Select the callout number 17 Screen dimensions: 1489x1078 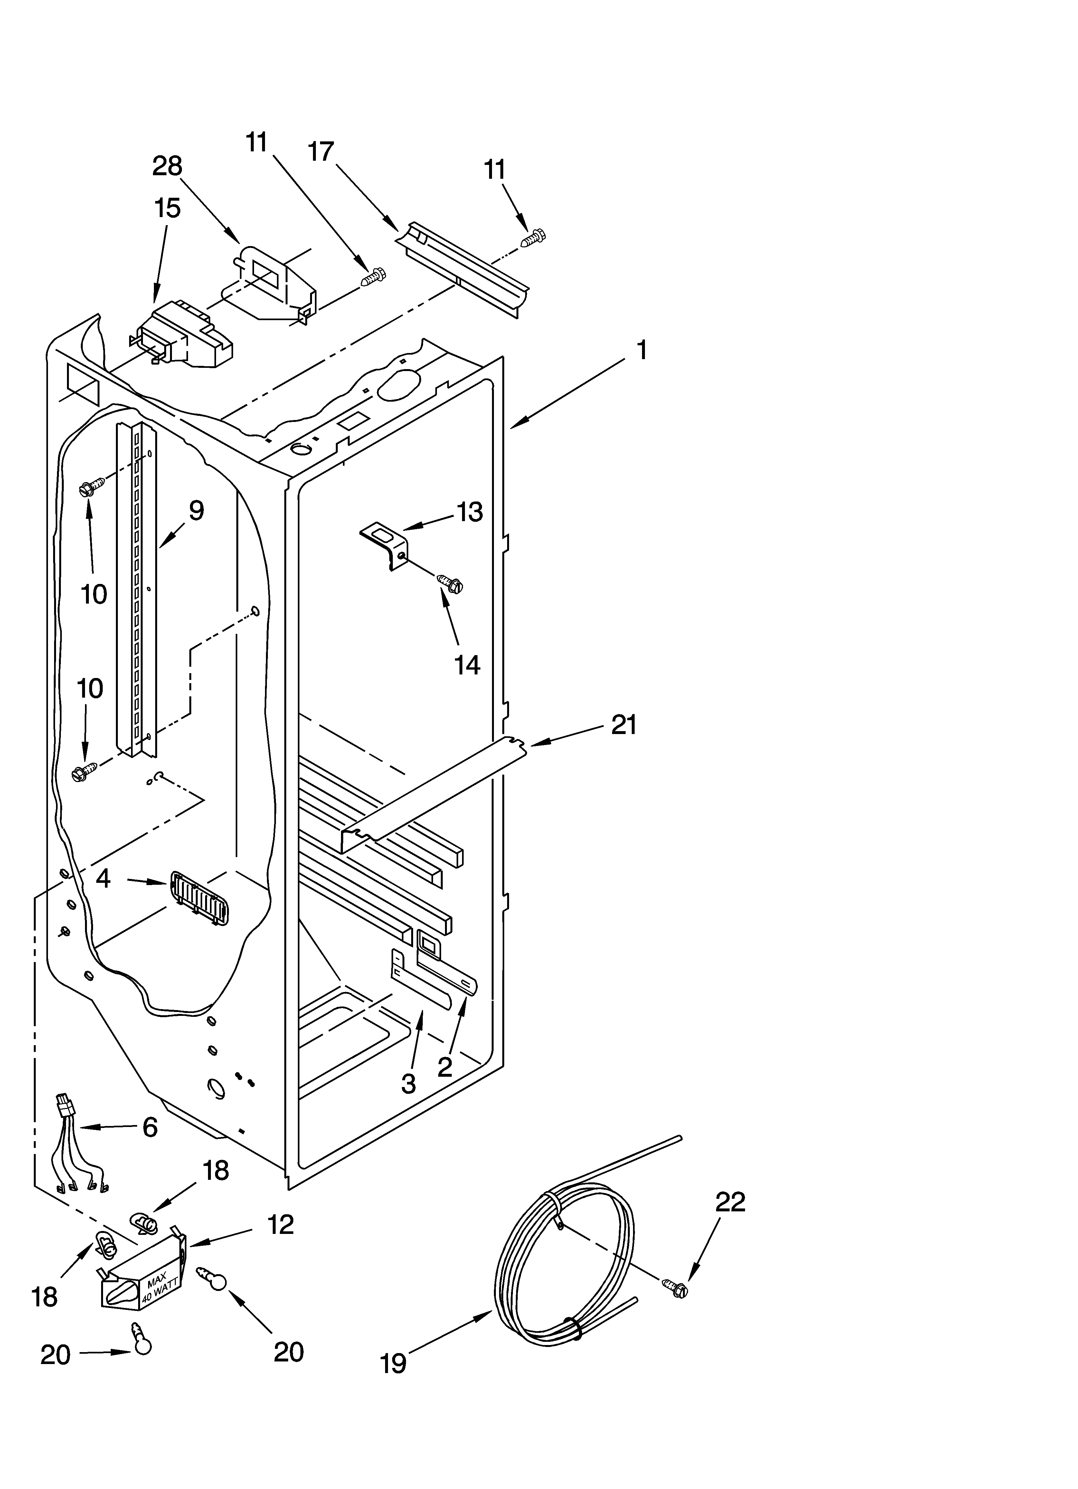point(321,152)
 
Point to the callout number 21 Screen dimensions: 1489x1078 point(624,725)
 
